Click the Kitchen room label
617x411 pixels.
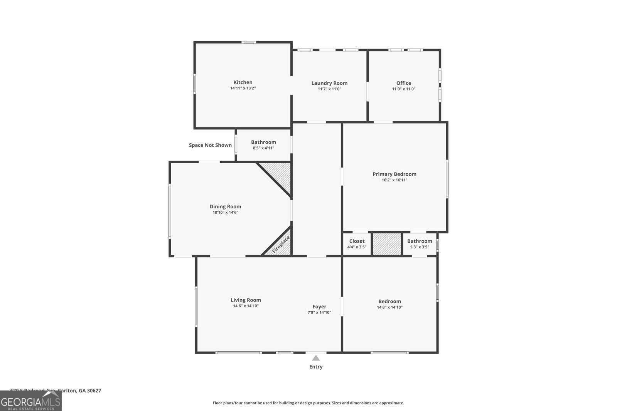(243, 82)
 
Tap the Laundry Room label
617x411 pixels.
(329, 83)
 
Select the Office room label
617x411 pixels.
(404, 83)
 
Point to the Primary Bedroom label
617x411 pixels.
(394, 174)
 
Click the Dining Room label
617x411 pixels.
(225, 206)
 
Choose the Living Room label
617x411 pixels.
(246, 300)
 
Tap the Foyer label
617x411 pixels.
(319, 307)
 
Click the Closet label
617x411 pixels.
(357, 241)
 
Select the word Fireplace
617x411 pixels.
(281, 245)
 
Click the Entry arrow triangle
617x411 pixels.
(316, 358)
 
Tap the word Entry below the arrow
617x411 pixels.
(316, 367)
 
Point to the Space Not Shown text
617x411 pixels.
(210, 145)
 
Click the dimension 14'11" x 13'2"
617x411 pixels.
(243, 88)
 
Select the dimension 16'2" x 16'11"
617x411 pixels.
(394, 180)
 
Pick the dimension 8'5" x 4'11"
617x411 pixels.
(263, 148)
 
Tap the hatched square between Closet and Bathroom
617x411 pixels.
(387, 244)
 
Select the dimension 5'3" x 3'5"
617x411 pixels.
(420, 247)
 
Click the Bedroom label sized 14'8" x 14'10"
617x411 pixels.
(389, 301)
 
